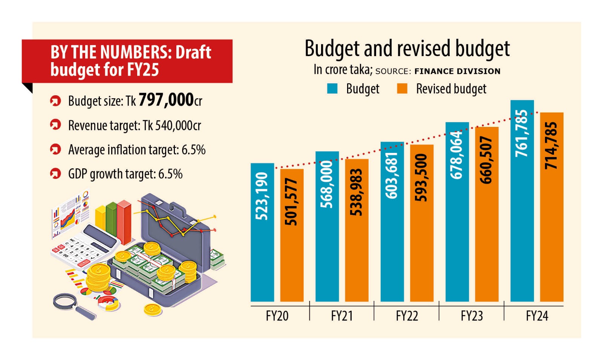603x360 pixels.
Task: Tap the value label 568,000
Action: pos(327,184)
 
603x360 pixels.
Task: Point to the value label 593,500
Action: pos(421,177)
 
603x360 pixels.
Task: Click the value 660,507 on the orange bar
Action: pos(487,160)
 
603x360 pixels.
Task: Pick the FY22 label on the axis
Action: pos(407,316)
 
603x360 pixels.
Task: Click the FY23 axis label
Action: pos(471,316)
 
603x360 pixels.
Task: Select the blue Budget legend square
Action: pos(332,88)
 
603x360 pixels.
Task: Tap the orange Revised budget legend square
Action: pos(402,88)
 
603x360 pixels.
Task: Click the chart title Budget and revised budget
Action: pos(407,49)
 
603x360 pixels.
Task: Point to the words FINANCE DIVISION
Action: pos(457,71)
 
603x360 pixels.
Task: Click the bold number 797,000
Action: pos(166,100)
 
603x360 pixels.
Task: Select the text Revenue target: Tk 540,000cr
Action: pos(135,125)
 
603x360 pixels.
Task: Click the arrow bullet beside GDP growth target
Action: pos(55,174)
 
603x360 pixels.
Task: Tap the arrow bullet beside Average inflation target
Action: pos(55,149)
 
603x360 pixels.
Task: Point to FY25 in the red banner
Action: pos(144,70)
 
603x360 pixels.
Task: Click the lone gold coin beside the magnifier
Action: pos(152,310)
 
